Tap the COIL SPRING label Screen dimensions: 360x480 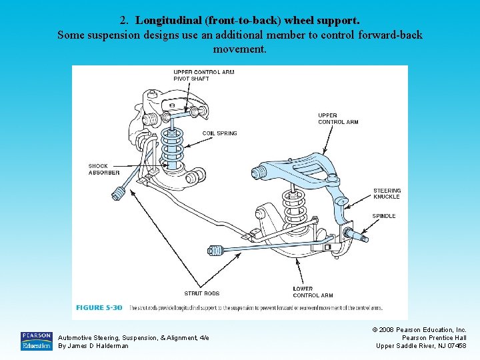219,133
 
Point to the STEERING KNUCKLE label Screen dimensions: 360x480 387,194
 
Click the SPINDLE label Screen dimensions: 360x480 384,216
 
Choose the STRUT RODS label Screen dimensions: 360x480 201,293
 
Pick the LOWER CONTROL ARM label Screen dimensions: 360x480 313,292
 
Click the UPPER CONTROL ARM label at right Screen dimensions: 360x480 338,119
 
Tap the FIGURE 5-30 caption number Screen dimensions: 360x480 99,307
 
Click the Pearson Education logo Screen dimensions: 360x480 36,341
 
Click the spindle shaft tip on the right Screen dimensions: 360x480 365,237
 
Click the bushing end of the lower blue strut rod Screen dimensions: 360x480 215,251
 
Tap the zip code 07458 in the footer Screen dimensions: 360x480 455,345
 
